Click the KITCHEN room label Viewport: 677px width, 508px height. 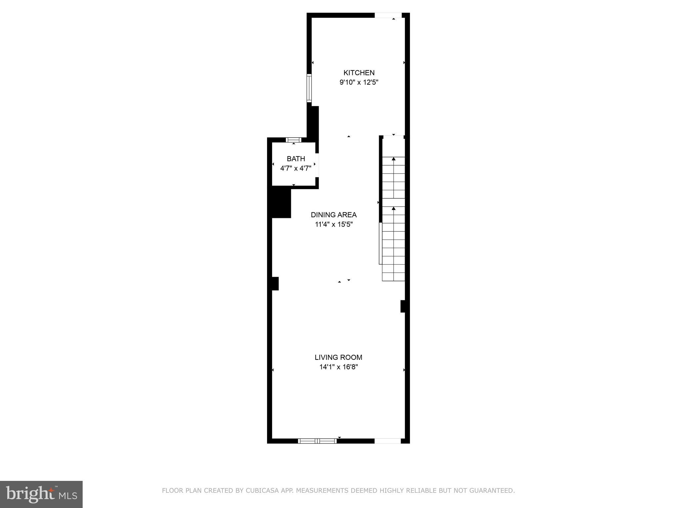coord(359,73)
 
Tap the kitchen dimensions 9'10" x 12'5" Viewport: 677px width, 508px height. coord(359,82)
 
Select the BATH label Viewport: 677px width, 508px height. coord(296,159)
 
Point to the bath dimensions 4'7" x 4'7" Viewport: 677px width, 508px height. coord(296,168)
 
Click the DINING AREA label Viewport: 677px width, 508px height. coord(334,215)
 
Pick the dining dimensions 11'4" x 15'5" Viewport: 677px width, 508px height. coord(334,225)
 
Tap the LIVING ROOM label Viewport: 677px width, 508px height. coord(338,357)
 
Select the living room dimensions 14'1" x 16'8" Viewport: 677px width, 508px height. coord(338,367)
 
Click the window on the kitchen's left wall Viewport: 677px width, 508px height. coord(309,88)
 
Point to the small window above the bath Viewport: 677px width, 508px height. coord(294,140)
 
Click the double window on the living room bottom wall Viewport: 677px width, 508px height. coord(317,441)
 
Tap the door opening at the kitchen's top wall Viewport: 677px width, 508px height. coord(388,15)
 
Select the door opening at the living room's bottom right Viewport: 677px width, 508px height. coord(387,441)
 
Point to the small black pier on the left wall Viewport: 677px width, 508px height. coord(275,283)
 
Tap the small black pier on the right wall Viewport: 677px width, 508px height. coord(403,306)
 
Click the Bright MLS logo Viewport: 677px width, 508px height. coord(41,494)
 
